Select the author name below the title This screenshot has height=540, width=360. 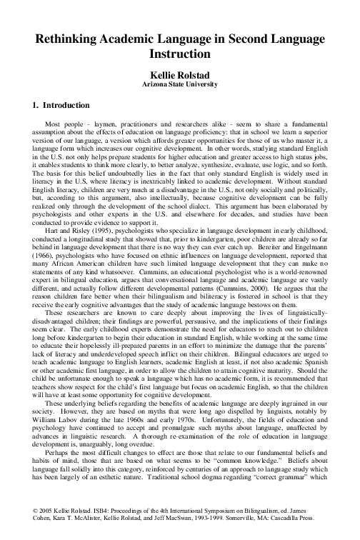(180, 74)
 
